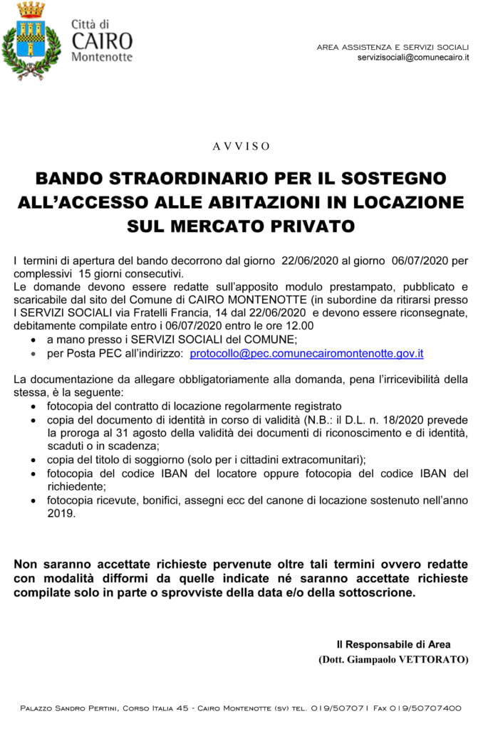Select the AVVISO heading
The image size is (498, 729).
click(x=242, y=147)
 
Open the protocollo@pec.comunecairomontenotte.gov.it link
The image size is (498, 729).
click(x=307, y=353)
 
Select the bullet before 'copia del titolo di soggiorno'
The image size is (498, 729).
click(x=36, y=459)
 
